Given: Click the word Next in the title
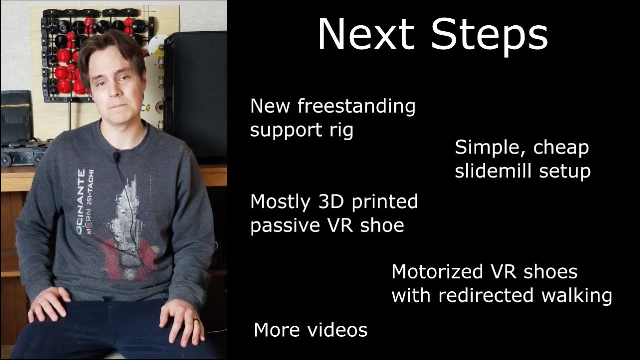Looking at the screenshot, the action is (366, 34).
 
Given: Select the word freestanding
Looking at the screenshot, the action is (356, 107).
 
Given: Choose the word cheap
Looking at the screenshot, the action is (561, 148).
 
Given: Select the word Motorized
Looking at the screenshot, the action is (437, 271).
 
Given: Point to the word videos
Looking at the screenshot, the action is (337, 330).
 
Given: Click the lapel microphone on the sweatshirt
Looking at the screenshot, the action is (116, 156).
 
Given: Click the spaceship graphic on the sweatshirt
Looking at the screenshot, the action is (125, 228).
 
